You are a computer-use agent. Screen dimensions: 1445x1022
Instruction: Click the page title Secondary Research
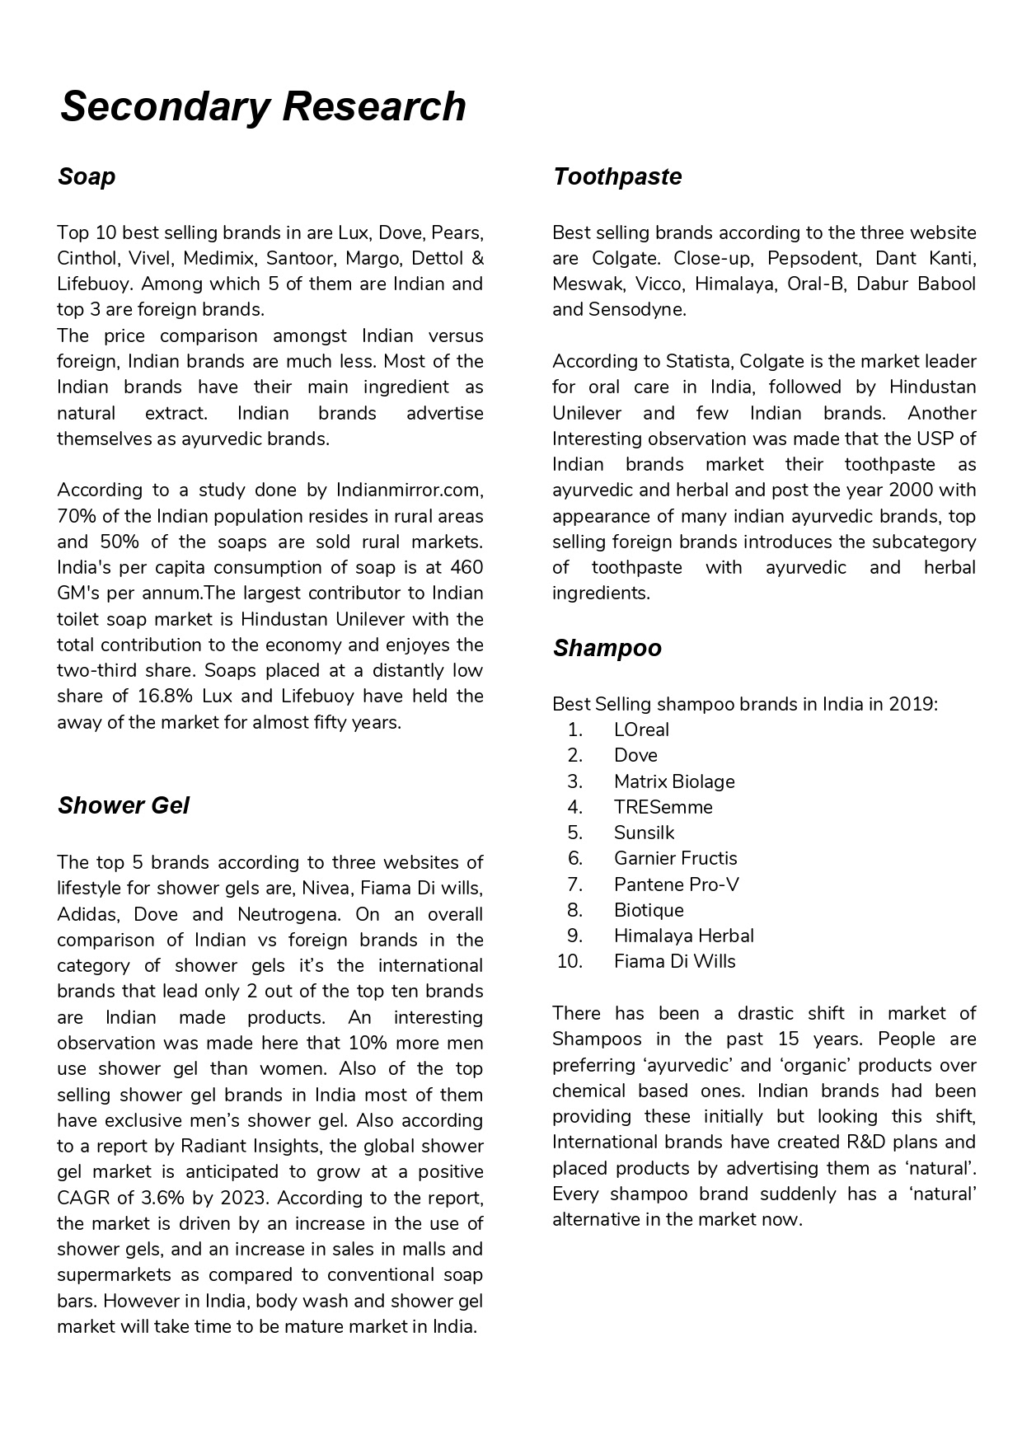pyautogui.click(x=263, y=107)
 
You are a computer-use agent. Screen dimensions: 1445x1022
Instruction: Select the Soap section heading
pyautogui.click(x=87, y=176)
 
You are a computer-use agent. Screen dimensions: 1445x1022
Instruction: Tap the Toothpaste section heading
pyautogui.click(x=617, y=176)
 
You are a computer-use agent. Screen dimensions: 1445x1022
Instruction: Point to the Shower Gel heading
pyautogui.click(x=124, y=805)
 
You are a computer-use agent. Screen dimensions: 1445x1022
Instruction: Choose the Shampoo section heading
pyautogui.click(x=607, y=648)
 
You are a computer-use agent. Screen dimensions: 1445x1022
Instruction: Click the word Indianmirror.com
pyautogui.click(x=409, y=490)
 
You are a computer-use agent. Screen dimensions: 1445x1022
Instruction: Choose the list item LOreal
pyautogui.click(x=641, y=730)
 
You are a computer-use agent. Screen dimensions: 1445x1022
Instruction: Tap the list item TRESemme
pyautogui.click(x=663, y=807)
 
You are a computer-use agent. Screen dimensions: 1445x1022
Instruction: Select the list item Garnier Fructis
pyautogui.click(x=675, y=858)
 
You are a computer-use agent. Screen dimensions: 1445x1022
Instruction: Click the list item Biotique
pyautogui.click(x=649, y=910)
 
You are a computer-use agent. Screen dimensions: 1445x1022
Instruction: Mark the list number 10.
pyautogui.click(x=570, y=961)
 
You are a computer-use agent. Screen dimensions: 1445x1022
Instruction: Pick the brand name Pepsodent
pyautogui.click(x=813, y=258)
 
